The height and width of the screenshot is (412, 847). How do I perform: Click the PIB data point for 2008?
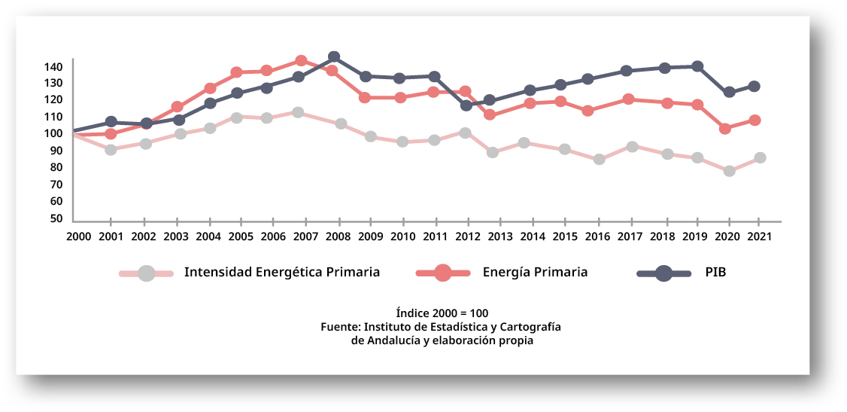334,57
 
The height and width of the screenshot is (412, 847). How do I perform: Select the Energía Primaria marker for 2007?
301,61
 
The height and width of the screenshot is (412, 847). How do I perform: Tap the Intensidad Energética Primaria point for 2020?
729,171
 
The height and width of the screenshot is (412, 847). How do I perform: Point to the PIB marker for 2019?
697,66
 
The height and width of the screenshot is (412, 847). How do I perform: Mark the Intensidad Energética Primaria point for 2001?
111,150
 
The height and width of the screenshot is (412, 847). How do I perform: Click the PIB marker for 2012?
466,105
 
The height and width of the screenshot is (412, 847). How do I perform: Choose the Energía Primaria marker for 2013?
490,115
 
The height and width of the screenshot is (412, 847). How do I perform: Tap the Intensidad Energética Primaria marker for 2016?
599,160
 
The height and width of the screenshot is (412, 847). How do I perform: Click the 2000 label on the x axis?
77,236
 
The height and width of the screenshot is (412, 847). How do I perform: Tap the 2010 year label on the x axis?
403,236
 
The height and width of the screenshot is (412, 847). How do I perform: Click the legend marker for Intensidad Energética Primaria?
147,273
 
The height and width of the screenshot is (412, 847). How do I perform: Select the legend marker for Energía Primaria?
443,273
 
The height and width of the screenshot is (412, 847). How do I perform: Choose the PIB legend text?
715,273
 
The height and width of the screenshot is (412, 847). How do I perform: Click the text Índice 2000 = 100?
442,313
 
